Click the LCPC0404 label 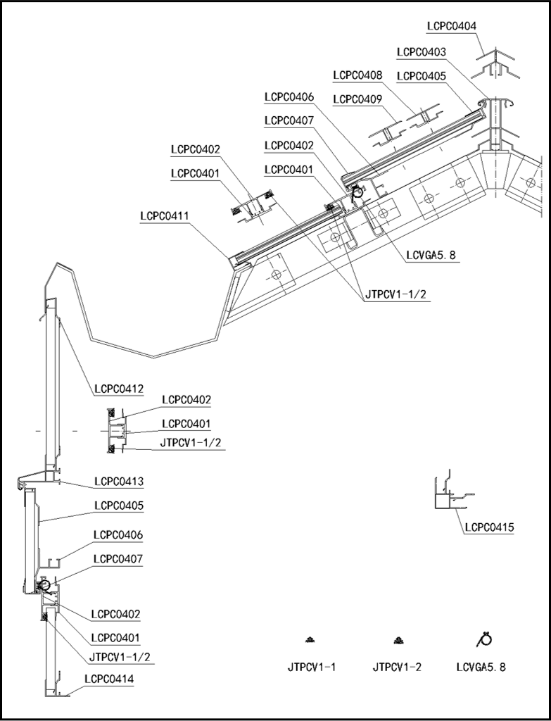[x=451, y=26]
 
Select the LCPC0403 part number [x=421, y=52]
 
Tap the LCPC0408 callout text [x=357, y=75]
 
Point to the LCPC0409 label [x=357, y=99]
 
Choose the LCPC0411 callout [x=164, y=215]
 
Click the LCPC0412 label [x=119, y=388]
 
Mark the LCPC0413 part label [x=119, y=482]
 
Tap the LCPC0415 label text [x=489, y=527]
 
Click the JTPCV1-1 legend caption [x=312, y=666]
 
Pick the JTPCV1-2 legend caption [x=397, y=666]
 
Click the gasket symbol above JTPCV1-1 [x=310, y=639]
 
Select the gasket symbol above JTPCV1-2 [x=398, y=639]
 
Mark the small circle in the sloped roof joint [x=358, y=190]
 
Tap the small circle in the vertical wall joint [x=44, y=584]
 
